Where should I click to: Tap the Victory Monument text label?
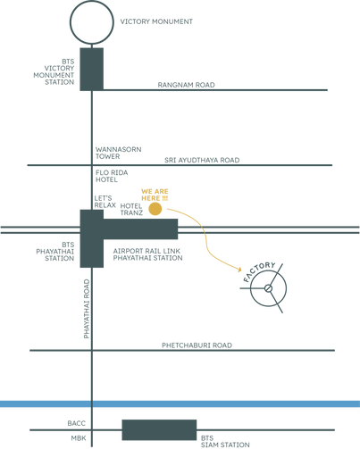point(156,21)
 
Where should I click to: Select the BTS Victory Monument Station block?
point(92,69)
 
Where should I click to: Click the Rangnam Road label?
point(186,85)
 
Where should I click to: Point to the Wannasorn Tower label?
point(118,153)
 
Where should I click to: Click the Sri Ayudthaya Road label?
point(202,160)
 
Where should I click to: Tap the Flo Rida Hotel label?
point(112,176)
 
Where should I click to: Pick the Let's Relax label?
point(105,202)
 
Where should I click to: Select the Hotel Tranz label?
point(131,209)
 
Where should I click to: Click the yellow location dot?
point(155,209)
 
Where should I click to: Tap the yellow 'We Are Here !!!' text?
point(155,195)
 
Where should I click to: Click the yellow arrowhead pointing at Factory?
point(239,270)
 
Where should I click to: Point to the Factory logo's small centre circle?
point(268,288)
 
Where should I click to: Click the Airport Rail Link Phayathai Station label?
point(147,254)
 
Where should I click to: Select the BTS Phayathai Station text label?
point(55,252)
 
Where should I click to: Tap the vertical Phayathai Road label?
point(87,309)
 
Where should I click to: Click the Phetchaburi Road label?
point(197,345)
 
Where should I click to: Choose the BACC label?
point(76,423)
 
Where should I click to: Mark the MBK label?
point(79,438)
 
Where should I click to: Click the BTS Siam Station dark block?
point(159,430)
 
